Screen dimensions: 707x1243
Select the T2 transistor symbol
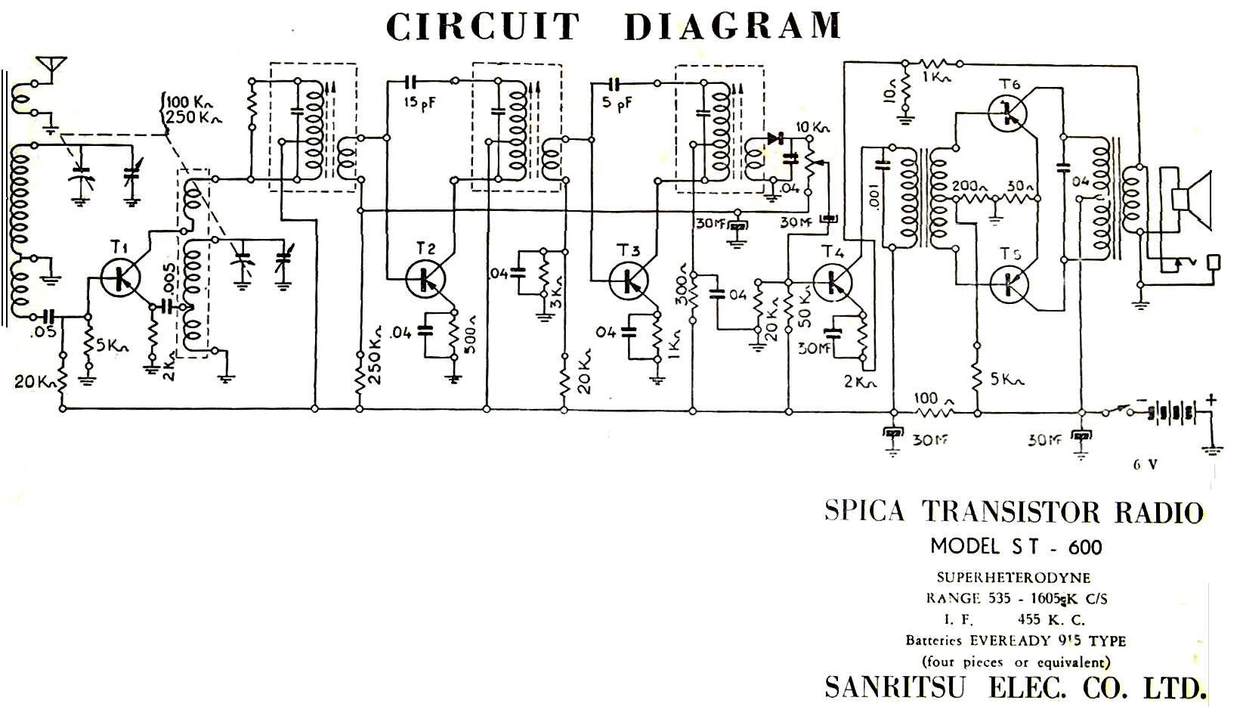tap(425, 278)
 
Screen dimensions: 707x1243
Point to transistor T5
tap(1010, 284)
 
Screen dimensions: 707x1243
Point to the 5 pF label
tap(617, 104)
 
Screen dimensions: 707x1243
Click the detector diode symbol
tap(773, 139)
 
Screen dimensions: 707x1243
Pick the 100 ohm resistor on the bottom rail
tap(935, 411)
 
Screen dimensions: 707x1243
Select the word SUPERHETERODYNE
tap(1013, 578)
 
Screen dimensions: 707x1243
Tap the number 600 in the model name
tap(1085, 547)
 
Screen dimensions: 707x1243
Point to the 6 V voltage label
tap(1145, 465)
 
